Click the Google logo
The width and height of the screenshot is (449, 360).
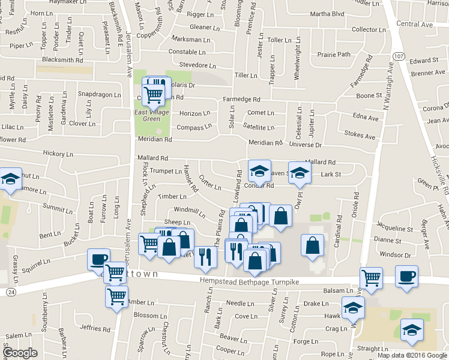click(20, 352)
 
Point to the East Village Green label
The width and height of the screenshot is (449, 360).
click(151, 115)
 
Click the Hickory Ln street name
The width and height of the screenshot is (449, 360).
click(58, 154)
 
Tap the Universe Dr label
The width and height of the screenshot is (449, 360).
click(305, 145)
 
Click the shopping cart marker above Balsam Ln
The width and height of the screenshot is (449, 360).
click(372, 277)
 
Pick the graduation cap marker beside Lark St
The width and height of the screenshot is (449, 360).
click(300, 172)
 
